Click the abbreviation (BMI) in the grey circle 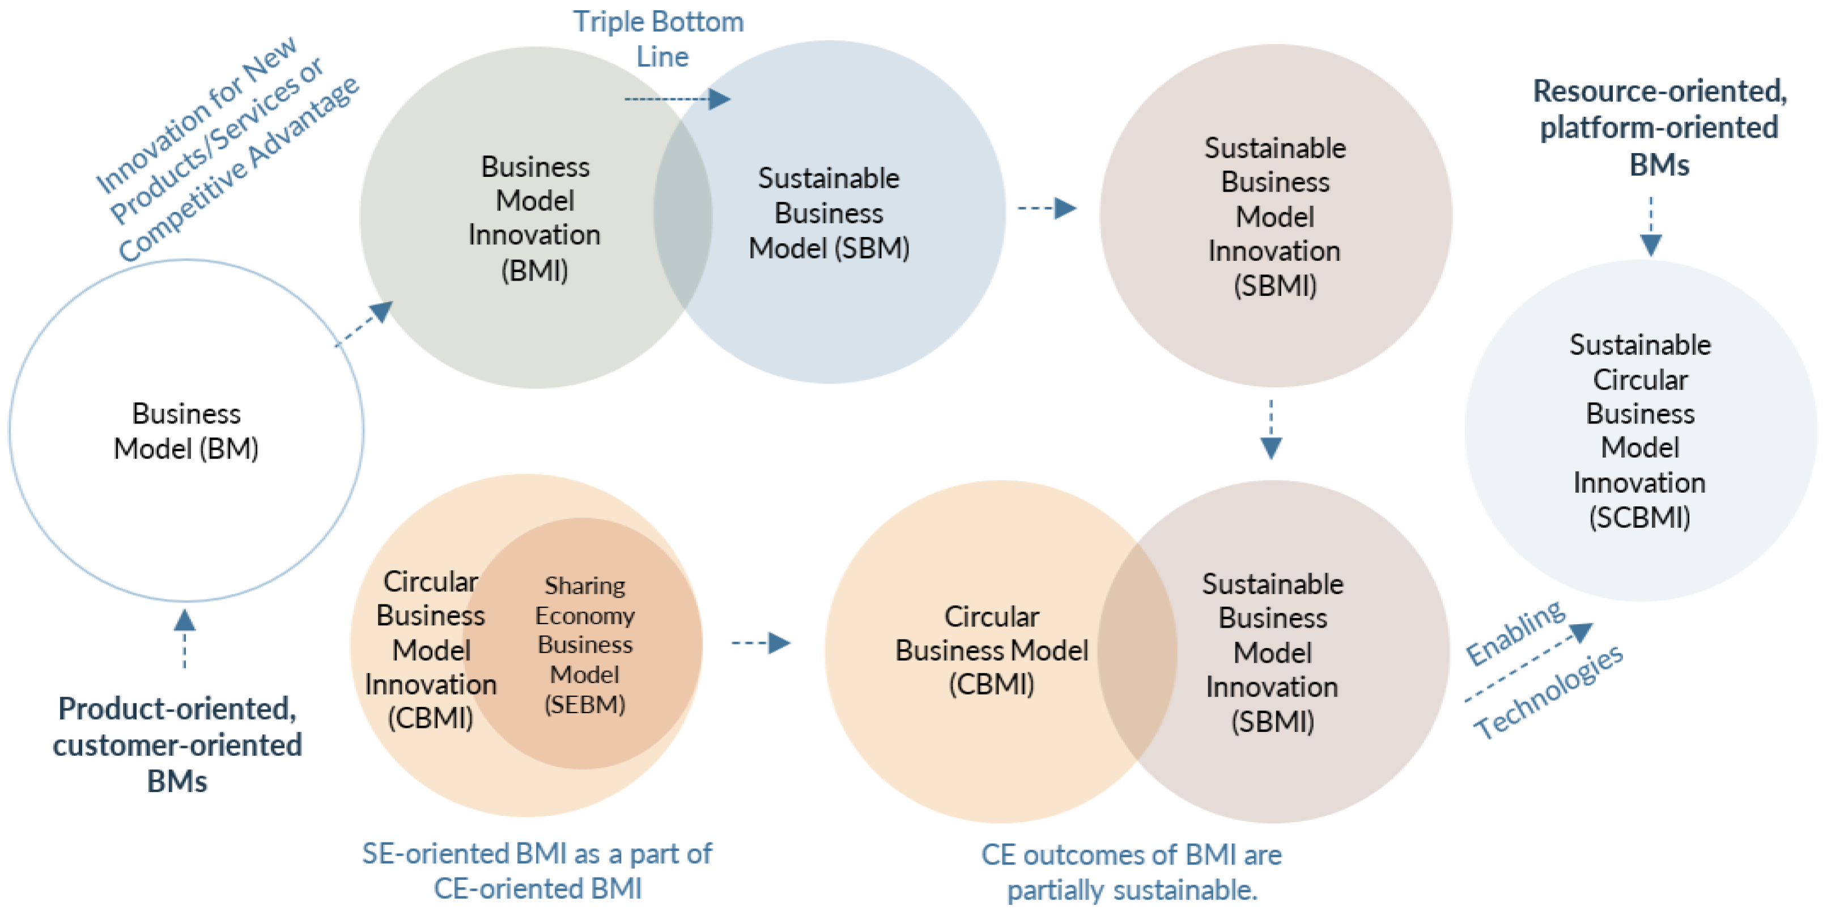point(534,271)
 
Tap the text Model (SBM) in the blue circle point(829,248)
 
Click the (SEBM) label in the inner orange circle point(584,704)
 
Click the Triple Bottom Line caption point(659,39)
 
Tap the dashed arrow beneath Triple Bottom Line point(677,99)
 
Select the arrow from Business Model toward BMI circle point(364,324)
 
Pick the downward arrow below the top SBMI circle point(1271,430)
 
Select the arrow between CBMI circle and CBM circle point(761,643)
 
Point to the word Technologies point(1548,692)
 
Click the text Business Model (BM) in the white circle point(186,431)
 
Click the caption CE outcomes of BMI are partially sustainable point(1132,872)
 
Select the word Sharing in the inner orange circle point(584,586)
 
